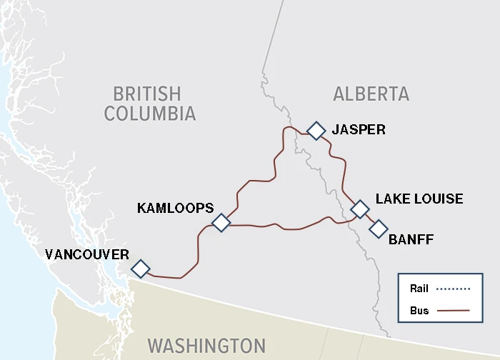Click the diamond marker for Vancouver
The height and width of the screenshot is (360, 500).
tap(141, 269)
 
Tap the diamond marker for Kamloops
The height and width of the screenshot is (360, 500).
tap(221, 223)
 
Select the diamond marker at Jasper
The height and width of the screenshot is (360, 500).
tap(316, 130)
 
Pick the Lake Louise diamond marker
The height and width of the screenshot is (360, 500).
tap(360, 209)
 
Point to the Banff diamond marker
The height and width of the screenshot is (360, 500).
tap(378, 229)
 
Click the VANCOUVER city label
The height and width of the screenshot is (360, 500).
tap(86, 254)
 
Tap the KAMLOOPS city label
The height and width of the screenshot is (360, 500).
tap(175, 208)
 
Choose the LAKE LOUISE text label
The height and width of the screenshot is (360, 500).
tap(419, 199)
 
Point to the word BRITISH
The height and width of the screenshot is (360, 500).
tap(147, 94)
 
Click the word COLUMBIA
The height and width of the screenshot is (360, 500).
tap(149, 114)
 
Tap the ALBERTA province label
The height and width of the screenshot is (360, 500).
tap(371, 94)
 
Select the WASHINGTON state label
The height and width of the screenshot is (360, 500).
tap(206, 346)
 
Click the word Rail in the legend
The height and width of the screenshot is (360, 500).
tap(419, 289)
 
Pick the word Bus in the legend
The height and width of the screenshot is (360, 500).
tap(419, 311)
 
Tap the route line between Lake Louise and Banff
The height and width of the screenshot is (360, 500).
tap(369, 219)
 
